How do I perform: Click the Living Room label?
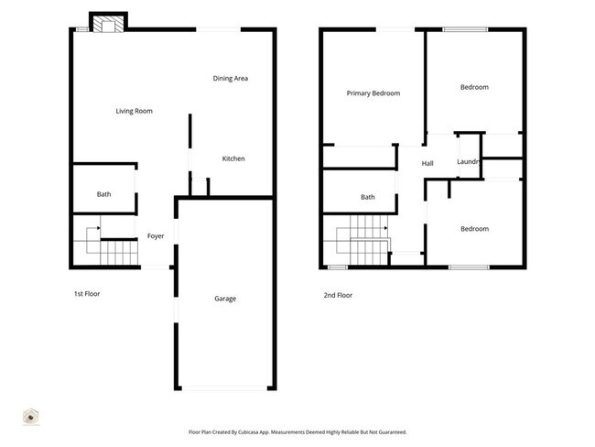click(134, 112)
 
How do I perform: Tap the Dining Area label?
click(231, 79)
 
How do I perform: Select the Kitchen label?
click(233, 159)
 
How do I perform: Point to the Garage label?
click(225, 299)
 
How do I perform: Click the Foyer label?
click(156, 236)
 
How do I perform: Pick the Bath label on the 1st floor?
click(103, 194)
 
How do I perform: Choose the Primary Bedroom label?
click(373, 93)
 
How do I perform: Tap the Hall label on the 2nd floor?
click(427, 164)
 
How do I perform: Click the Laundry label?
click(469, 163)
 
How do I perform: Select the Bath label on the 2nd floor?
click(367, 197)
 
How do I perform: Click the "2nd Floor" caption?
click(337, 295)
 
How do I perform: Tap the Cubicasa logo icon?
click(30, 416)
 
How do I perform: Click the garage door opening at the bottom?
click(225, 388)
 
